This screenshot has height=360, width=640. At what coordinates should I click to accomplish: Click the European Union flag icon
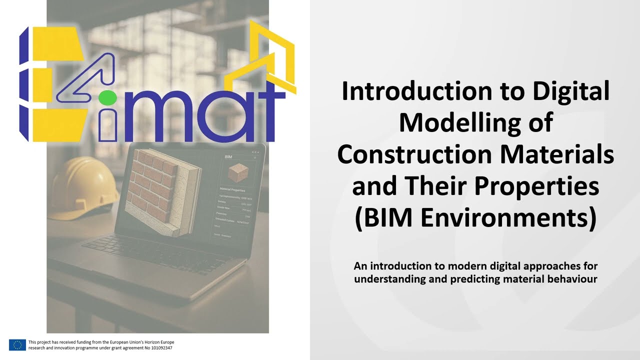click(x=17, y=344)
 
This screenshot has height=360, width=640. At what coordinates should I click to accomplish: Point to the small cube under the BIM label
click(x=238, y=172)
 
